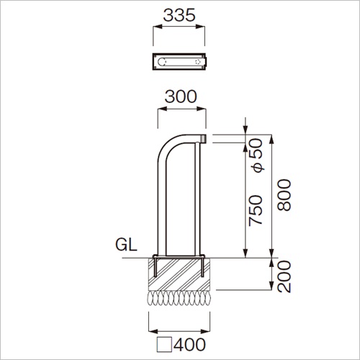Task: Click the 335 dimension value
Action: [x=179, y=15]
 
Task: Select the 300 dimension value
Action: [x=181, y=96]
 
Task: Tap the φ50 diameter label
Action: [x=256, y=156]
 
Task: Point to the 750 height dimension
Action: [x=256, y=210]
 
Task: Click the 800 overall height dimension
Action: [x=284, y=195]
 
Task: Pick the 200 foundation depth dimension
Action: [x=284, y=276]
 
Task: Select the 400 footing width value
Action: [x=189, y=345]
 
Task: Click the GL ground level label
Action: [x=126, y=245]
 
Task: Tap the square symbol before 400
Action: [x=164, y=345]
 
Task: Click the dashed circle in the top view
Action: [x=198, y=62]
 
